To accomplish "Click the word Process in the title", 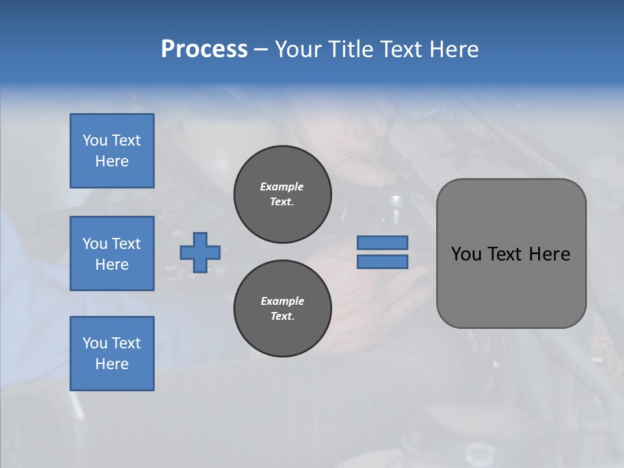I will (x=204, y=49).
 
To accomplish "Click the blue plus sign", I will (x=200, y=252).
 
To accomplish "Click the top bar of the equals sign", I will (x=382, y=242).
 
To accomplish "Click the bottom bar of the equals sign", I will (x=382, y=261).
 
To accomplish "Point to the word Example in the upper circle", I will (x=282, y=187).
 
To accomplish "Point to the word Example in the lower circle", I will (x=282, y=301).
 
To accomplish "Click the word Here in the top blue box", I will (x=112, y=161).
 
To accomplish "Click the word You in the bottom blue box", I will (x=95, y=343).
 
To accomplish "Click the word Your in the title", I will (x=298, y=49).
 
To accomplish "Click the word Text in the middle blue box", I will (x=126, y=244).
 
